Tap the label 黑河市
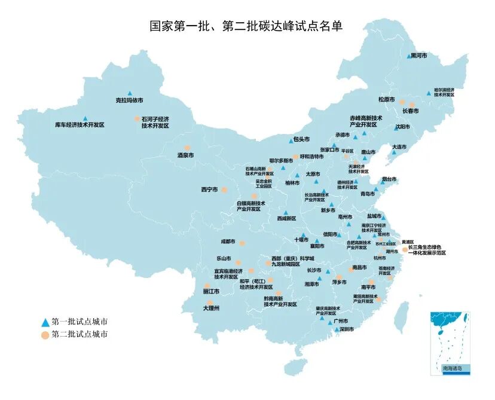(x=418, y=56)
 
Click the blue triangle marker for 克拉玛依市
(x=130, y=93)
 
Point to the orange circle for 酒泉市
(x=187, y=148)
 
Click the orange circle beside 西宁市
(x=225, y=190)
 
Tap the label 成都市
(x=228, y=242)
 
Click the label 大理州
(x=210, y=308)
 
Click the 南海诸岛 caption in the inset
(x=452, y=369)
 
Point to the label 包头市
(x=301, y=140)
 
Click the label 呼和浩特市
(x=311, y=157)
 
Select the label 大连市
(x=399, y=146)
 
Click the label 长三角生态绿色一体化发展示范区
(x=428, y=250)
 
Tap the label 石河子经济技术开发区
(x=155, y=123)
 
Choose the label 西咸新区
(x=286, y=219)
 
